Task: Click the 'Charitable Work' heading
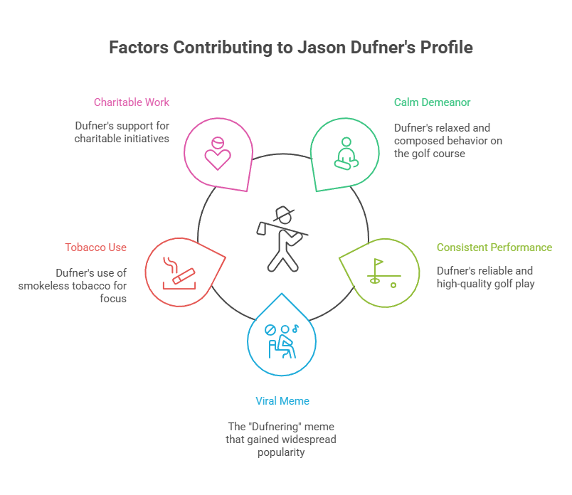pyautogui.click(x=132, y=102)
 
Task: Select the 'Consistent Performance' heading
pyautogui.click(x=494, y=247)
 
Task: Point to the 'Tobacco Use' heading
pyautogui.click(x=95, y=247)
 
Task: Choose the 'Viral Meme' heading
pyautogui.click(x=282, y=401)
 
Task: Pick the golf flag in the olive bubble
pyautogui.click(x=378, y=265)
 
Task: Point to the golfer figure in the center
pyautogui.click(x=282, y=238)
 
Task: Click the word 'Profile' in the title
pyautogui.click(x=447, y=48)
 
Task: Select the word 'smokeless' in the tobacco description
pyautogui.click(x=76, y=285)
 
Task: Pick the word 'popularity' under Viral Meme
pyautogui.click(x=281, y=452)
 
